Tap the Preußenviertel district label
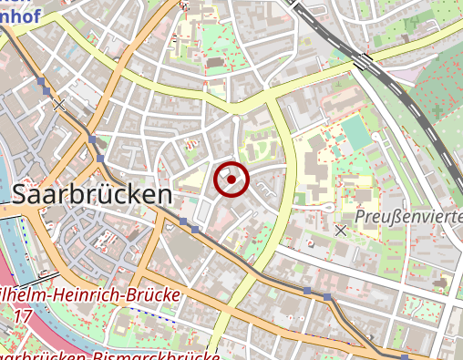[x=408, y=217]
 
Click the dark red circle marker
[x=231, y=180]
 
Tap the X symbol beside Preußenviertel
[x=341, y=231]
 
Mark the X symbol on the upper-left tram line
[x=59, y=106]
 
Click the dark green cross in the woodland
[x=436, y=111]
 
